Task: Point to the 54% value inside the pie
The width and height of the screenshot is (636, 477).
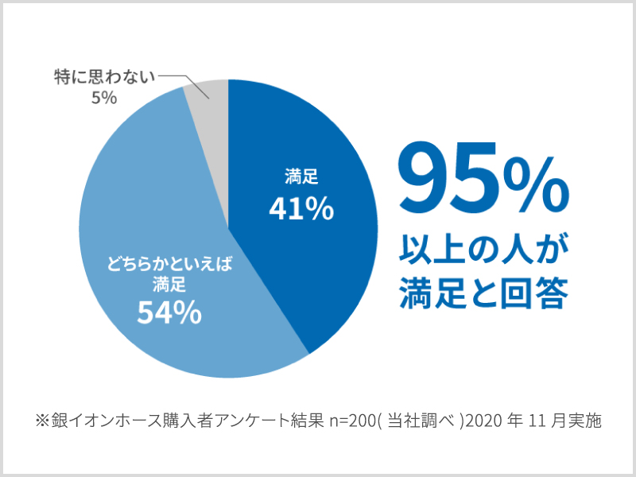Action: tap(169, 313)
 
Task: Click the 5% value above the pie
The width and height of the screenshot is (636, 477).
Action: tap(103, 98)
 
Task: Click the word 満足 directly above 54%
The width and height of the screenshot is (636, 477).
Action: tap(169, 284)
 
